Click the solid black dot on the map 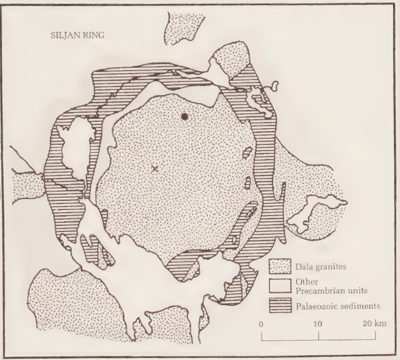tap(185, 116)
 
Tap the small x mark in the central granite tap(154, 168)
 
